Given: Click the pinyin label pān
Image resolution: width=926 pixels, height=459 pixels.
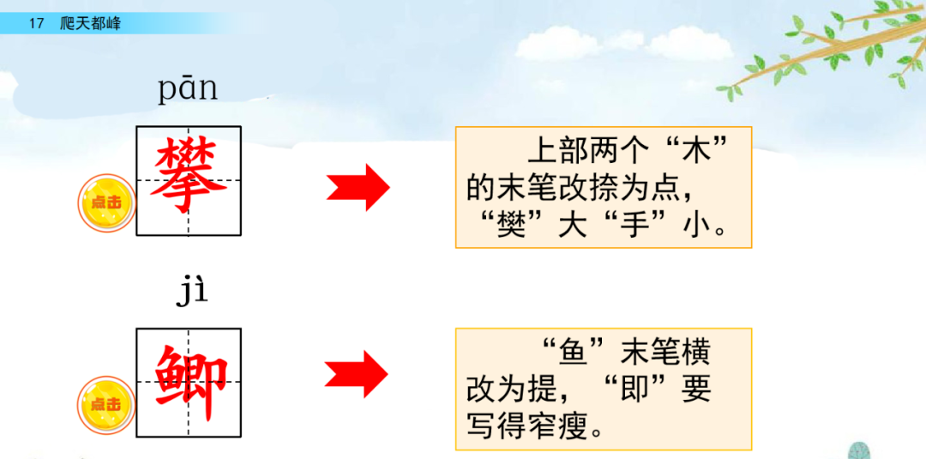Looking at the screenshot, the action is [188, 89].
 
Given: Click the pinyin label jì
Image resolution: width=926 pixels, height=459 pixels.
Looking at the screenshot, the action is [192, 291].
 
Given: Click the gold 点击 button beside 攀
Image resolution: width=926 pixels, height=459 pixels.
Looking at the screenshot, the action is [106, 203].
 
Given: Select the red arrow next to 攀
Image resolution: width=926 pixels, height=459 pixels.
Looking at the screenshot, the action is [358, 186].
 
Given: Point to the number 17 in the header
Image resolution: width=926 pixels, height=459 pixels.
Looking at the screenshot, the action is [36, 23].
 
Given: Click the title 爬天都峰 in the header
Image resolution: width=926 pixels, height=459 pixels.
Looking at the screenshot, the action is [91, 23].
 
